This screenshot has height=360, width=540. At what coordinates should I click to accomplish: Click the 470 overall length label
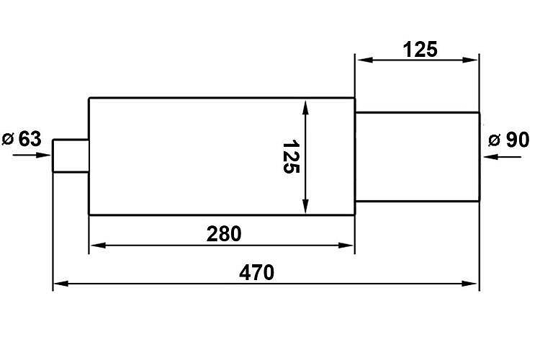click(x=256, y=272)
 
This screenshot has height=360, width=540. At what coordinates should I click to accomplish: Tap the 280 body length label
click(x=224, y=234)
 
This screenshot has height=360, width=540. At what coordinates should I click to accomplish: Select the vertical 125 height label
click(x=292, y=156)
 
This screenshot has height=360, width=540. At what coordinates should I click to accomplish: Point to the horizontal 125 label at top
click(x=420, y=49)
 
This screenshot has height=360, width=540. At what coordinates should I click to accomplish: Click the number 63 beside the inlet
click(x=30, y=139)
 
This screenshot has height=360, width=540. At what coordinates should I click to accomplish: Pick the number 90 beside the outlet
click(x=517, y=140)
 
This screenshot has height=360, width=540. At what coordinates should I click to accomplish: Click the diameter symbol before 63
click(x=8, y=139)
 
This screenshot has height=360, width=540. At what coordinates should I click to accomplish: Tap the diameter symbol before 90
click(x=495, y=140)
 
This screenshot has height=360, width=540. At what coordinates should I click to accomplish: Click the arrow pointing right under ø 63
click(x=32, y=155)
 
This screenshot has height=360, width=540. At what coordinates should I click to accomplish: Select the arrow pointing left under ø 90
click(x=503, y=157)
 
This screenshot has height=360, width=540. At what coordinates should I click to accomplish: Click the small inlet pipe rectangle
click(x=71, y=156)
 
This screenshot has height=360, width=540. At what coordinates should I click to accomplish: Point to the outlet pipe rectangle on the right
click(x=418, y=157)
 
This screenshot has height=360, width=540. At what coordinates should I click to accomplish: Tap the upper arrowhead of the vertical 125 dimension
click(x=305, y=107)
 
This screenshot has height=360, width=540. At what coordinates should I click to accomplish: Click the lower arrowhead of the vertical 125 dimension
click(x=305, y=207)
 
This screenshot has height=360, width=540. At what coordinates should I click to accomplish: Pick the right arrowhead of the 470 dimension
click(x=470, y=284)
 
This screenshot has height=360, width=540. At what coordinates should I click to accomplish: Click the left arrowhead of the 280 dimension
click(x=98, y=246)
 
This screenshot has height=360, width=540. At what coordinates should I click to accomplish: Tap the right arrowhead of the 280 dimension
click(x=346, y=246)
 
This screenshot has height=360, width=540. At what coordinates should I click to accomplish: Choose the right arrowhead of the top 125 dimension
click(x=470, y=60)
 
